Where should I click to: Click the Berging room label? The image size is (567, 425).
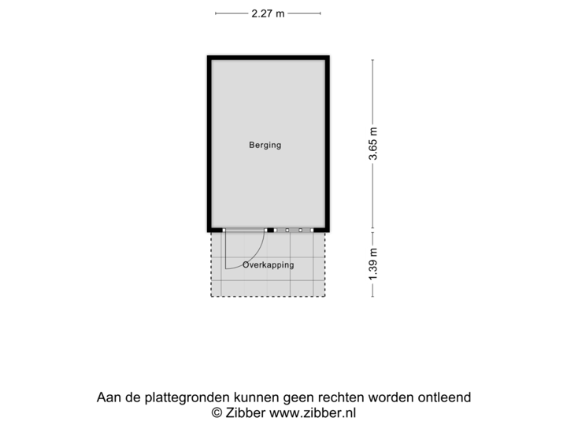(x=265, y=145)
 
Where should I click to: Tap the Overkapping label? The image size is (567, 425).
(x=269, y=265)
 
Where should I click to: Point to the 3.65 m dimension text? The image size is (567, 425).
(x=373, y=144)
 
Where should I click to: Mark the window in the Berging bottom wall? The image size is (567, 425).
(x=294, y=230)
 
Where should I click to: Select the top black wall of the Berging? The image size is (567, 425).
(x=269, y=57)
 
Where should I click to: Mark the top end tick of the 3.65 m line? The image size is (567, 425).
(x=373, y=59)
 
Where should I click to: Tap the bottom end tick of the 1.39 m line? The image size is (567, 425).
(x=373, y=297)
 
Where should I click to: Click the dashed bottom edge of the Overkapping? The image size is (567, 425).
(x=269, y=297)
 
